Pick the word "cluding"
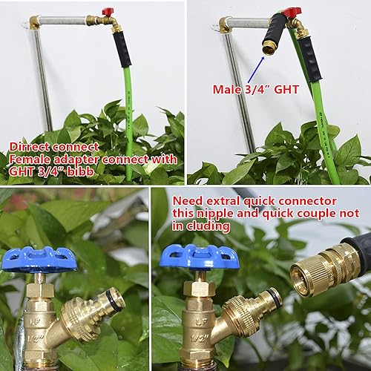[200, 227]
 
